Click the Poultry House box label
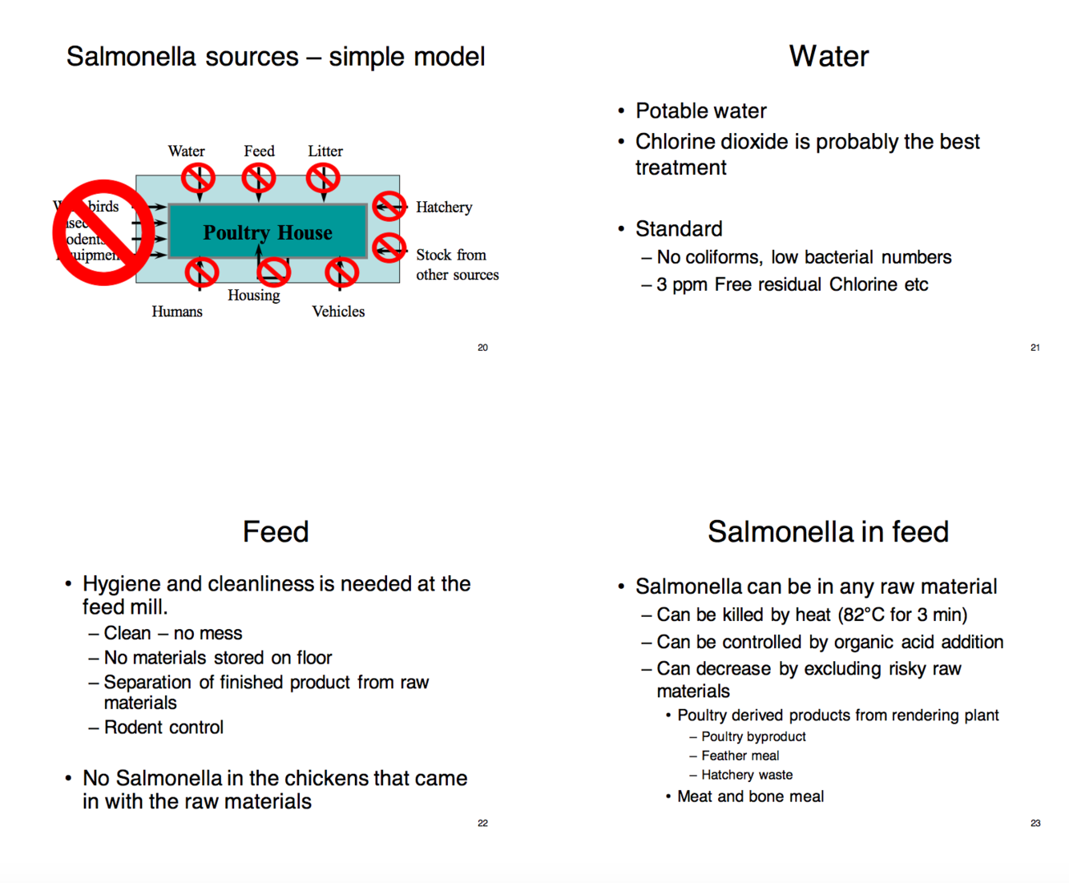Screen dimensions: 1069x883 coord(268,232)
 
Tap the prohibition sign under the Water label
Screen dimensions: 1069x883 coord(198,178)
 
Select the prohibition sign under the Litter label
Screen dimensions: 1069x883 coord(323,178)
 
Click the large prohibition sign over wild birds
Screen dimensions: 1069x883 coord(103,232)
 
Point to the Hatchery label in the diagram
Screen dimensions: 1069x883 coord(444,208)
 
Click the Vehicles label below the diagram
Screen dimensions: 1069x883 coord(338,312)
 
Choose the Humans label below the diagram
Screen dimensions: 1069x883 coord(177,312)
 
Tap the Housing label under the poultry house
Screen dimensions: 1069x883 coord(253,295)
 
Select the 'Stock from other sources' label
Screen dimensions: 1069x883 coord(457,264)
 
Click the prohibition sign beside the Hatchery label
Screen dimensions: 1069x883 coord(389,207)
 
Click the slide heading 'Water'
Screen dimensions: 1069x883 coord(829,56)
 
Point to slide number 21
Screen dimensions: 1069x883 coord(1035,348)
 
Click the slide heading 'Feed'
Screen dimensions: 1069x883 coord(276,531)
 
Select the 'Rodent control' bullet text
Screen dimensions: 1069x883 coord(163,728)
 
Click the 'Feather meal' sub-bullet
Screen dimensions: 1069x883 coord(740,756)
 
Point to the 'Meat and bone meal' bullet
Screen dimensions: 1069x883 coord(750,796)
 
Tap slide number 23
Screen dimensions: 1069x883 coord(1035,823)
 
